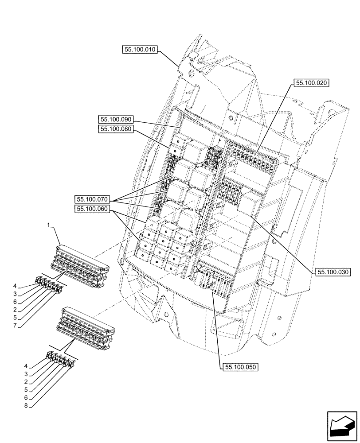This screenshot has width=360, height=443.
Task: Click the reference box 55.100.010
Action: (x=139, y=50)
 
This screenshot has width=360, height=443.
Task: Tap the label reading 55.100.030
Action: (x=333, y=272)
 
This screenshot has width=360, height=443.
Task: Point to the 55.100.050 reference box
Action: (x=241, y=367)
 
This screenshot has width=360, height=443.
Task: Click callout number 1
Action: (x=49, y=225)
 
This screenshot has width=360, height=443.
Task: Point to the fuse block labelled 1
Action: (x=82, y=265)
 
